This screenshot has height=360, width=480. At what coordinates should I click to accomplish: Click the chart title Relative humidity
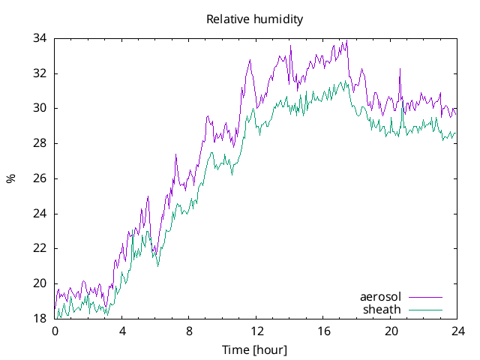coord(255,19)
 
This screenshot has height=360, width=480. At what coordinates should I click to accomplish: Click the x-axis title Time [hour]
coord(255,350)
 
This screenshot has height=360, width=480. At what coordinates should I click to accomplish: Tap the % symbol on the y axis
coord(10,178)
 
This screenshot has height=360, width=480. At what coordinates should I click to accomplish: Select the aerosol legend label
coord(380,297)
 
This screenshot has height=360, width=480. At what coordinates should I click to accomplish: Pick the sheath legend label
coord(382,309)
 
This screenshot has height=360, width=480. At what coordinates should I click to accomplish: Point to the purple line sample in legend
coord(424,298)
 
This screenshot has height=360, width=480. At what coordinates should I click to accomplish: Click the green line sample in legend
coord(424,310)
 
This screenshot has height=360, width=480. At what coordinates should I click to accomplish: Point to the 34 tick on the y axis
coord(40,38)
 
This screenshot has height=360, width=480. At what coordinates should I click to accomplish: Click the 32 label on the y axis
coord(40,73)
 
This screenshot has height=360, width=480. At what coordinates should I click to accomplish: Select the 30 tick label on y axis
coord(40,108)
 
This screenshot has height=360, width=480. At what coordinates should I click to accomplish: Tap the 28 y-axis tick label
coord(40,143)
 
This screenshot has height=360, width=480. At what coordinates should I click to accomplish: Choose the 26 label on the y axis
coord(40,178)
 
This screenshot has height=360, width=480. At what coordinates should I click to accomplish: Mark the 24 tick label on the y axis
coord(40,213)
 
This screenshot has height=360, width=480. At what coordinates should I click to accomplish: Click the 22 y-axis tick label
coord(40,248)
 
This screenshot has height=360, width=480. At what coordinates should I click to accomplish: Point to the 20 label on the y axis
coord(40,283)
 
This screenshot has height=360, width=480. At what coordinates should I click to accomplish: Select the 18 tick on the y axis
coord(40,319)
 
